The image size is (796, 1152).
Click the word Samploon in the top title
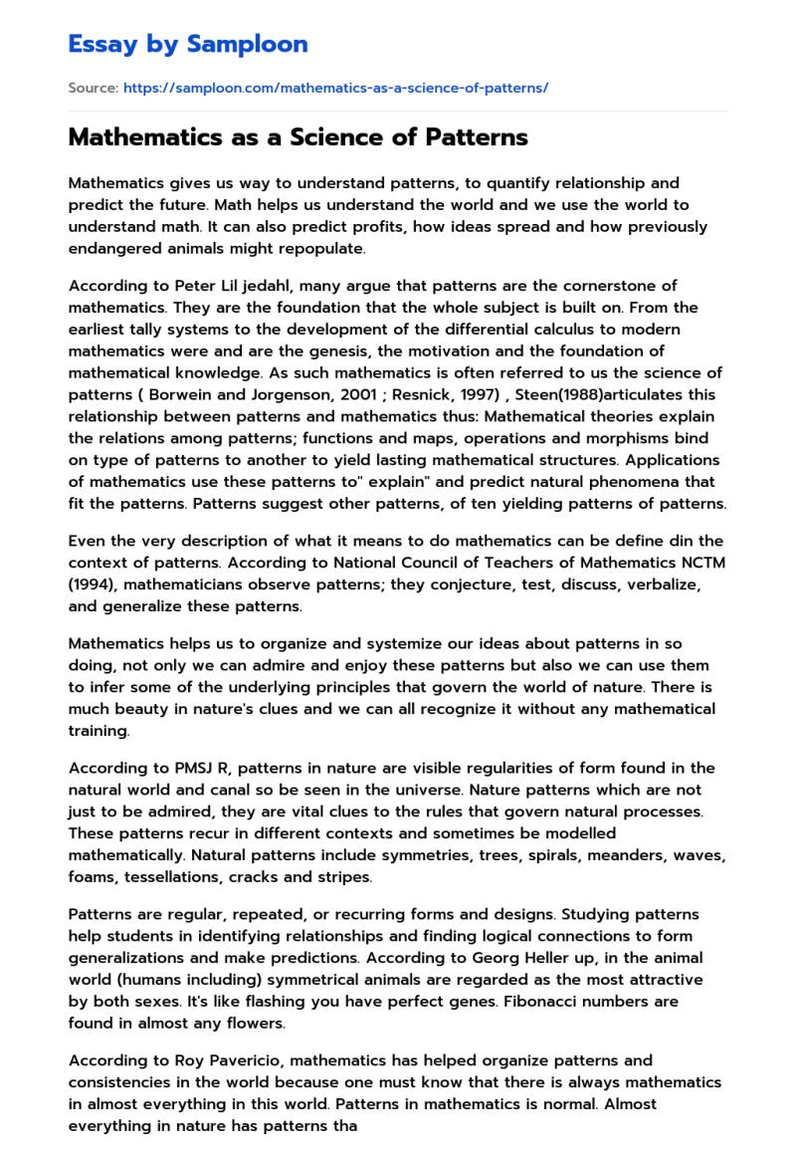[x=249, y=44]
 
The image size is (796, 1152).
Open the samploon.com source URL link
[x=335, y=88]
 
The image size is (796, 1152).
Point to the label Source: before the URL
[x=93, y=88]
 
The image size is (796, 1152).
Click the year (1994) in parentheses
[x=94, y=584]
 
